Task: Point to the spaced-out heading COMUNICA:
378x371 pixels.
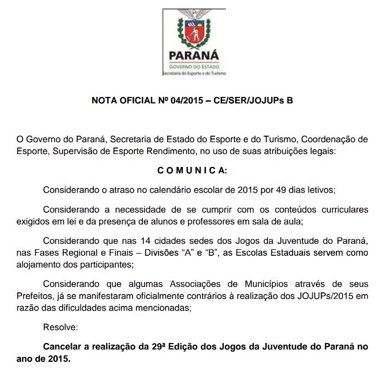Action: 193,171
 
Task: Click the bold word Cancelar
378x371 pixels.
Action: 64,347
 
